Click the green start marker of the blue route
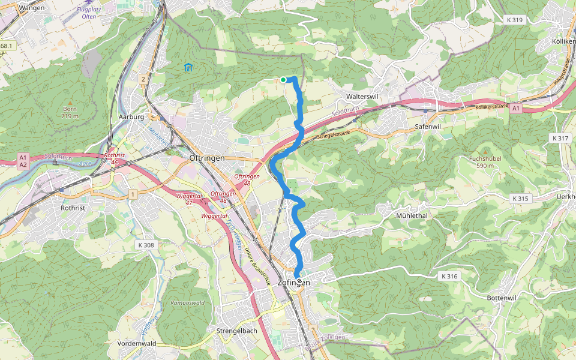coord(283,79)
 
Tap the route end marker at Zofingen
coord(298,280)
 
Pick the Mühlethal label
coord(412,215)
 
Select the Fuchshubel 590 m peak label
coord(485,162)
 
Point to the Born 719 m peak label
coord(70,113)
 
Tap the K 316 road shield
coord(449,277)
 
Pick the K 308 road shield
coord(146,245)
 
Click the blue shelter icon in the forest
coord(188,67)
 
